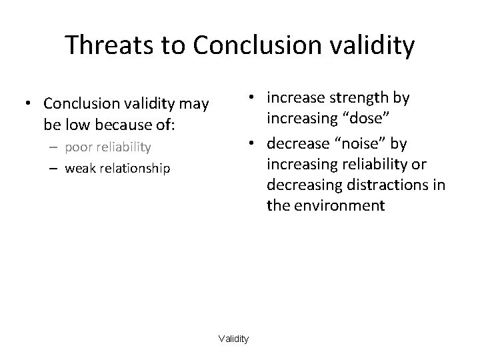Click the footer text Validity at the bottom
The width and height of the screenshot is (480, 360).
pos(233,339)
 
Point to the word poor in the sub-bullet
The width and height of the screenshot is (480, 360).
pos(80,147)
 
